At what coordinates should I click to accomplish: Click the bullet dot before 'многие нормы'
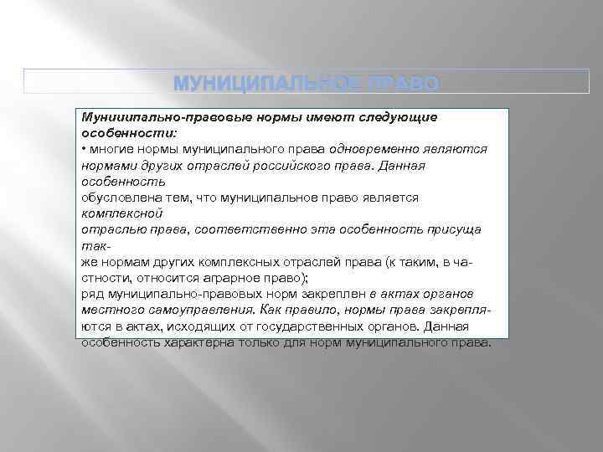point(84,148)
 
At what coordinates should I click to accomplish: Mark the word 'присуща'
point(451,229)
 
